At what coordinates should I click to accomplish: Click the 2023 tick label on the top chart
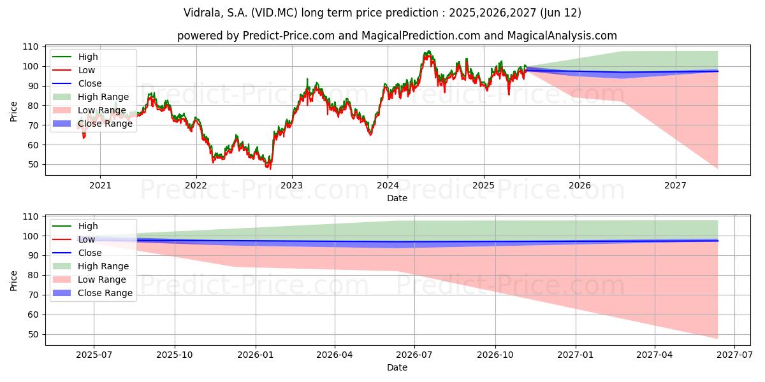tap(291, 185)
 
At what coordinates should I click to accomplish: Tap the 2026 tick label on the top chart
tap(579, 185)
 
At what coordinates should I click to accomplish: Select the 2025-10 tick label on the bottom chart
tap(175, 355)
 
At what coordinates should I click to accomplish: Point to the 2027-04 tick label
tap(654, 355)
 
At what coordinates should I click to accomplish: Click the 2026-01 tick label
tap(256, 355)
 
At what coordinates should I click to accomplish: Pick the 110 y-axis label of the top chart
tap(30, 47)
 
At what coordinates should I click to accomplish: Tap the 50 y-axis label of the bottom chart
tap(33, 335)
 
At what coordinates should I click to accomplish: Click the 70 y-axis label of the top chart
tap(33, 125)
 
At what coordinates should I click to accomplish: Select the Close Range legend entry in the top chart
tap(92, 124)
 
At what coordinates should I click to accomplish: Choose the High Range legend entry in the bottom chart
tap(91, 266)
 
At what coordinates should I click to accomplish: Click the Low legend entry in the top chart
tap(73, 70)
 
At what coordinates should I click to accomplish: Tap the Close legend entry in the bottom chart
tap(77, 253)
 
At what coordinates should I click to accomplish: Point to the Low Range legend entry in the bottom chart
tap(89, 279)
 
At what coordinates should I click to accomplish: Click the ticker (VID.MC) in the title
tap(274, 13)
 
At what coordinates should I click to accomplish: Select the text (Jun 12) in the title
tap(560, 13)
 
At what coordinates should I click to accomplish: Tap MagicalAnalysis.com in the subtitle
tap(562, 36)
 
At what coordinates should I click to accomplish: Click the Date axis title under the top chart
tap(397, 198)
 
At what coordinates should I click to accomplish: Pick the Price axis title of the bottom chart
tap(13, 281)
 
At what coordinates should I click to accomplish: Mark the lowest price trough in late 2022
tap(270, 169)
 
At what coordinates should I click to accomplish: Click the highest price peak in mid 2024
tap(429, 51)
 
